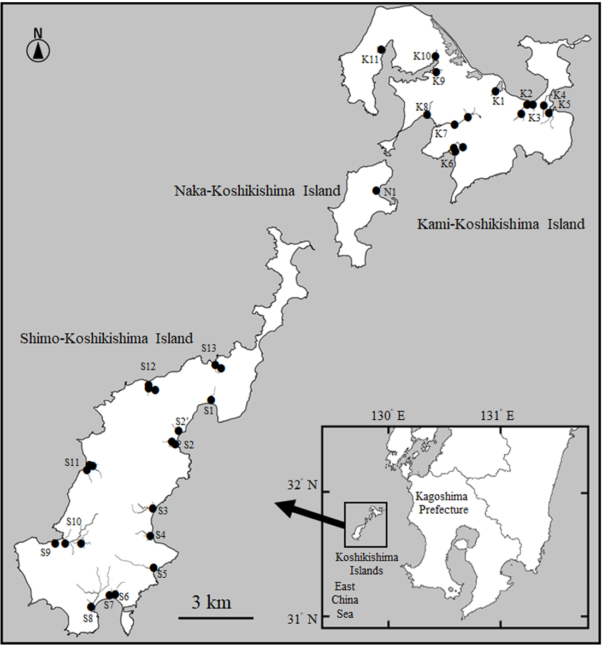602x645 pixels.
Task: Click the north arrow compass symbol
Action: click(38, 51)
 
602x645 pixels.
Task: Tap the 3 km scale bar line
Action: click(215, 618)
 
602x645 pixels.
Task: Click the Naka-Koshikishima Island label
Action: click(257, 191)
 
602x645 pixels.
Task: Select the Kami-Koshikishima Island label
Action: click(501, 224)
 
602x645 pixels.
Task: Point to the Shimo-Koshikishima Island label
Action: click(107, 338)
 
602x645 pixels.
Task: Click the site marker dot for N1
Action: click(376, 190)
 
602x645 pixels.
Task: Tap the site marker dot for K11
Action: click(381, 50)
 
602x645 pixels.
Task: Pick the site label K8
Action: click(422, 107)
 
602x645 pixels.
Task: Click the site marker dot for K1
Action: click(496, 91)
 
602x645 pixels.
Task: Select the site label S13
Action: click(209, 348)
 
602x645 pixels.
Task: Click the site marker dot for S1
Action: click(211, 400)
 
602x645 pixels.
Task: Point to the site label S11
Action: click(72, 462)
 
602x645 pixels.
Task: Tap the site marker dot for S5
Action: click(154, 567)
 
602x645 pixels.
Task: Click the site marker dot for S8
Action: click(91, 607)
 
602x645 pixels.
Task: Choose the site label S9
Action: click(45, 553)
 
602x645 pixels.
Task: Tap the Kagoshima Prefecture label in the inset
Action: click(442, 503)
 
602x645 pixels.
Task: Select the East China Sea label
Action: click(345, 600)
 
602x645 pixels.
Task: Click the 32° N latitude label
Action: click(302, 485)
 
